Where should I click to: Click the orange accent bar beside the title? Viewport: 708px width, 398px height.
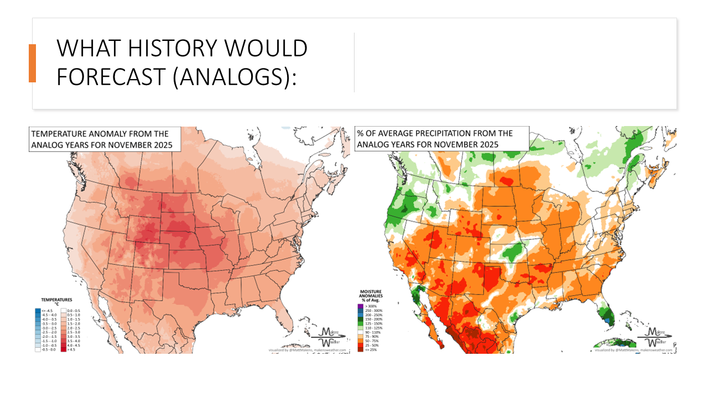click(32, 63)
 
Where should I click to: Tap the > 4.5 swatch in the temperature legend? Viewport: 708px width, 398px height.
click(63, 350)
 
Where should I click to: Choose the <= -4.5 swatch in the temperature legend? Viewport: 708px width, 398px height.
click(37, 311)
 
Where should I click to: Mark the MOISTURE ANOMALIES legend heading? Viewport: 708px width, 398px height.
click(372, 296)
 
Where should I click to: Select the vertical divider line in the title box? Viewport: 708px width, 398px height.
click(354, 62)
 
